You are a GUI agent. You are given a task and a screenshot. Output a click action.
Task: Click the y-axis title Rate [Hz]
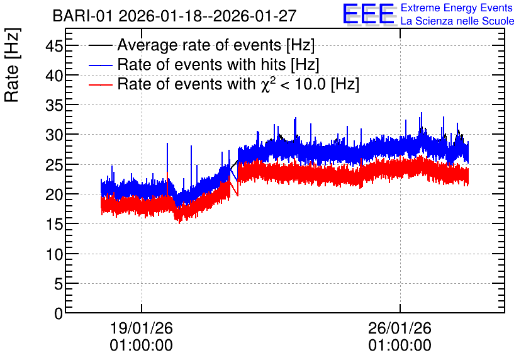click(12, 65)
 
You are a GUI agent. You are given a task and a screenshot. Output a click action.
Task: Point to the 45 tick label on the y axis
click(54, 45)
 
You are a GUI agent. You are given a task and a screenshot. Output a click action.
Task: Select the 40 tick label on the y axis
click(54, 76)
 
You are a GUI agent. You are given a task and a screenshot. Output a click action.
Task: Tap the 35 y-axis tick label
click(54, 105)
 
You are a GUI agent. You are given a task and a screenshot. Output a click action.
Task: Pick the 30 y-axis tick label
click(54, 135)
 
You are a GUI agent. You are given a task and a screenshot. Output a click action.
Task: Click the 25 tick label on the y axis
click(54, 165)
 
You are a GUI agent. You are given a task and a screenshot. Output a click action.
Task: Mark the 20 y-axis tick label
click(54, 194)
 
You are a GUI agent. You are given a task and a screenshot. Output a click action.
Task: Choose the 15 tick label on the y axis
click(54, 224)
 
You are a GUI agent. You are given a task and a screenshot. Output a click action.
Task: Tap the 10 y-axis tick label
click(54, 254)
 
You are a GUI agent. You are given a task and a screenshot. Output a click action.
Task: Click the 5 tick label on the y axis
click(59, 284)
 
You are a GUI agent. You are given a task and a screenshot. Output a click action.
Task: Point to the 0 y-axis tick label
click(59, 313)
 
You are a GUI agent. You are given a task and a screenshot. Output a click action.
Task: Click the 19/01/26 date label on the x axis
click(141, 328)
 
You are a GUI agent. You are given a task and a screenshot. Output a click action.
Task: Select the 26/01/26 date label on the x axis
click(400, 328)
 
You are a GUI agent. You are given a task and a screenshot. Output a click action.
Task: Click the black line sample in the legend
click(101, 45)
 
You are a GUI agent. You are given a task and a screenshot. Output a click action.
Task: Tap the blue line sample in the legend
click(101, 65)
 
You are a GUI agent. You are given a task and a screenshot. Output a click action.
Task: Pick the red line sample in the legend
click(101, 84)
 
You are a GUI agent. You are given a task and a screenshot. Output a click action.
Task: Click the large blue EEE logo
click(369, 14)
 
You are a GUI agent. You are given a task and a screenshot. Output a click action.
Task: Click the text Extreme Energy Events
click(457, 8)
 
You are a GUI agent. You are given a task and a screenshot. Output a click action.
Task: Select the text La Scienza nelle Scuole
click(457, 21)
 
